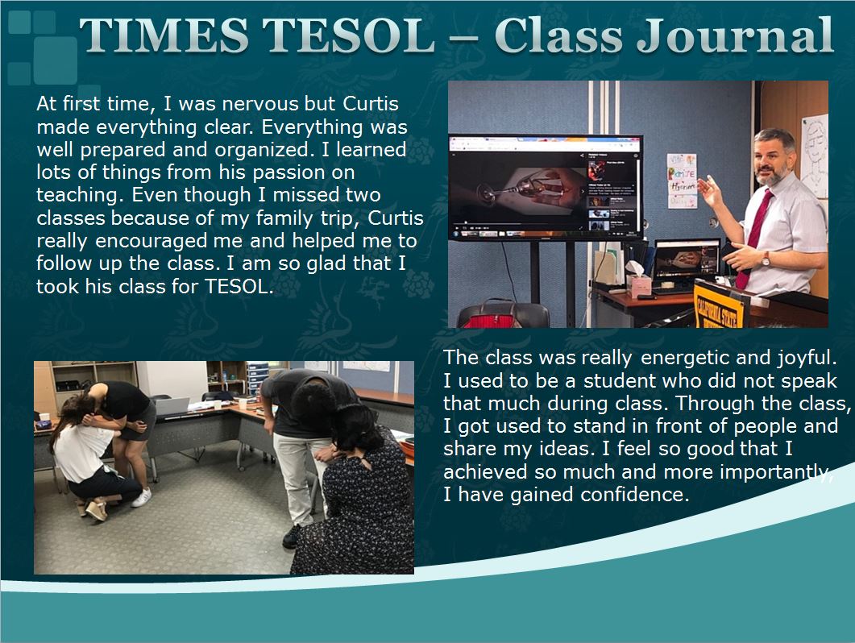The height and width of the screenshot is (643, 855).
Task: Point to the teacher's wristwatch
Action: [x=766, y=259]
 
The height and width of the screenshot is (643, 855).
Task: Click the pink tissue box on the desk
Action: [x=638, y=284]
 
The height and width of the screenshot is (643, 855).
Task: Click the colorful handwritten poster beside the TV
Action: [x=682, y=181]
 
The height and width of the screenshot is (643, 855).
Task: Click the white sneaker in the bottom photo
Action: [x=142, y=497]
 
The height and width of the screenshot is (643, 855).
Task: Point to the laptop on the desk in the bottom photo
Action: [x=170, y=407]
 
